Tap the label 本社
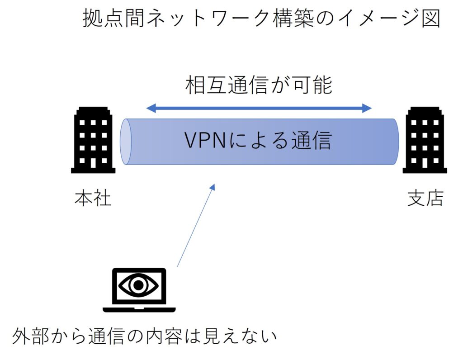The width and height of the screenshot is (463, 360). (x=93, y=199)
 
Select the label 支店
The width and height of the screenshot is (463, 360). (x=425, y=199)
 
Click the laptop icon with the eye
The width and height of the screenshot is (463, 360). (x=139, y=290)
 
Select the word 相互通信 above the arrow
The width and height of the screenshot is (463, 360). (x=224, y=85)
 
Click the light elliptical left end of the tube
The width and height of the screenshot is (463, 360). (x=125, y=141)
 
